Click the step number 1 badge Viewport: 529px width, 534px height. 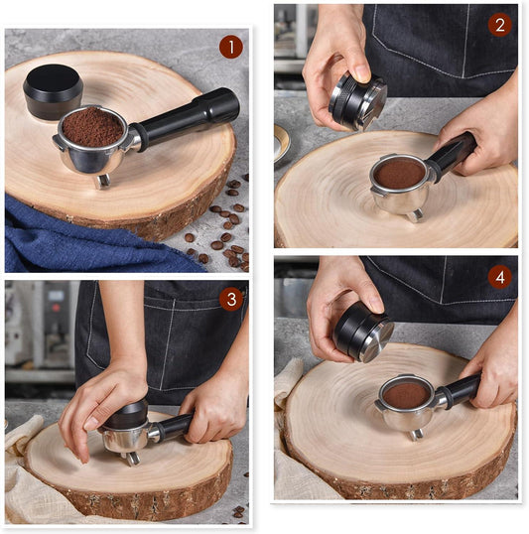231,47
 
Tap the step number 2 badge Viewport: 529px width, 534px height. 499,25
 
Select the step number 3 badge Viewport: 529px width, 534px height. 231,300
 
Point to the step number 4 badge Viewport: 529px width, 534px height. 499,277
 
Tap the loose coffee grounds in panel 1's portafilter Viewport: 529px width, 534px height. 92,127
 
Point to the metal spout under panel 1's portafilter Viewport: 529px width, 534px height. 102,181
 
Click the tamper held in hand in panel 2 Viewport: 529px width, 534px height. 357,101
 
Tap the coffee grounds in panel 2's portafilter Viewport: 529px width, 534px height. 400,174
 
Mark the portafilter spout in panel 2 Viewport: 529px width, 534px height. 415,215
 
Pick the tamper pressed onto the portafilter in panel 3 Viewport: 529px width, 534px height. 127,415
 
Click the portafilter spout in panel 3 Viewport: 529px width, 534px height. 133,459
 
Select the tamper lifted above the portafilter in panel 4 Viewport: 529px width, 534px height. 363,332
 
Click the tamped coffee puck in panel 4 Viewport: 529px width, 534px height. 406,395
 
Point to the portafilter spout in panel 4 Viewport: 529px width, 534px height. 417,435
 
